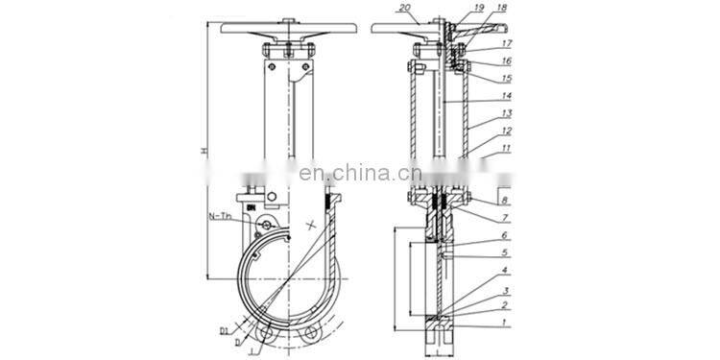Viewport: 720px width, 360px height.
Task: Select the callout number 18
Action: click(501, 8)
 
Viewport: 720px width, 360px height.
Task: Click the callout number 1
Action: click(504, 324)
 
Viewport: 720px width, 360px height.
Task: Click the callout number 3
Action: click(504, 290)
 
